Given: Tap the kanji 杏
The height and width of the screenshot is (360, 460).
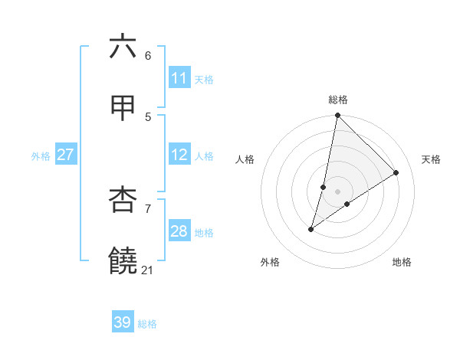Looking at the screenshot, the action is pos(123,200).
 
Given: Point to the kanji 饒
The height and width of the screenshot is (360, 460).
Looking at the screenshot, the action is pos(123,261).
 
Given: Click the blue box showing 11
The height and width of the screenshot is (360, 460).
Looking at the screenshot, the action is pos(179,78).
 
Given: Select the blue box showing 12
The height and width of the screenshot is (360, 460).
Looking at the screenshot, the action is pos(179,155).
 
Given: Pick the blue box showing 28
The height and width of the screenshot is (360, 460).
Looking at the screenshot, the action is pos(179,231).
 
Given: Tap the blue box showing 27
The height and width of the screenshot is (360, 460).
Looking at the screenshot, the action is pos(66,155).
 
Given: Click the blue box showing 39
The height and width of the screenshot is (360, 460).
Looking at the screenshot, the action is pos(123,322).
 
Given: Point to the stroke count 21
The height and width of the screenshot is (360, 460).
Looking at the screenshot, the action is pos(147,270).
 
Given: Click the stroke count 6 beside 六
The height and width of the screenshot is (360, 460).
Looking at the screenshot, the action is pos(147,56).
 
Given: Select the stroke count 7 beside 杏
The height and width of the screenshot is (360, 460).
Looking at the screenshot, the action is pos(147,208).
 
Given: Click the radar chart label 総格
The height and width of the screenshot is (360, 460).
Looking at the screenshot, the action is pos(338,100).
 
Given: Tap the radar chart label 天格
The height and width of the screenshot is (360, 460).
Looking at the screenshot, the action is pos(431,159).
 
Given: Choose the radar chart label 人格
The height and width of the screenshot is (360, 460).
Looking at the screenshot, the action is pos(245,159).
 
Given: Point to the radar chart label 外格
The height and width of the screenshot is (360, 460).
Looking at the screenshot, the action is pos(270,262).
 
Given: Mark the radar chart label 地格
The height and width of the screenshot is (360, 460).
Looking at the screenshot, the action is pos(402,262).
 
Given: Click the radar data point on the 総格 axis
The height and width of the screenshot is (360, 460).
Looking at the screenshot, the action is pos(337,116).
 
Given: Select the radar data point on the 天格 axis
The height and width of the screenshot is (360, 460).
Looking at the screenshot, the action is pos(396,172).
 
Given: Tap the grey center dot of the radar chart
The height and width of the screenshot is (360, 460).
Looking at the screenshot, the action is pos(337,191).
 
